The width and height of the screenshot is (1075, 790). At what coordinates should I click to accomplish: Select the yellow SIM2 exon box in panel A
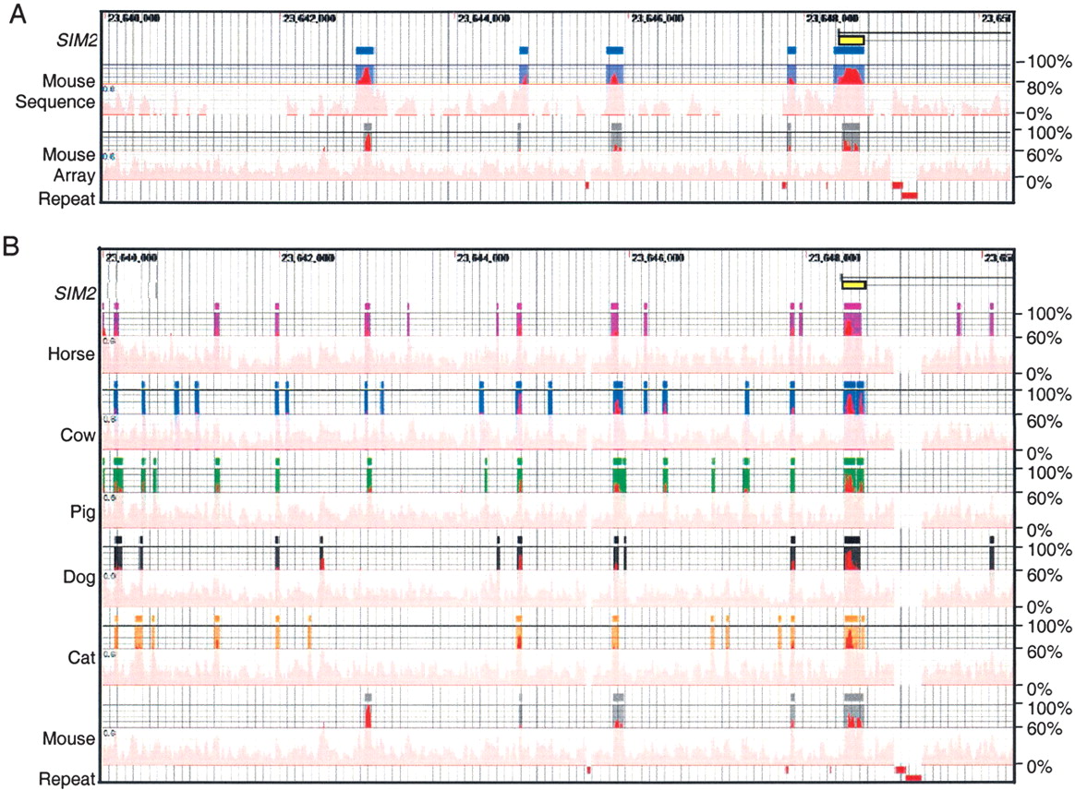point(852,40)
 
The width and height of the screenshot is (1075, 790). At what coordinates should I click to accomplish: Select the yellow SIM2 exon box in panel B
point(853,284)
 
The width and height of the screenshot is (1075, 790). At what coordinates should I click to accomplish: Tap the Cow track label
point(79,435)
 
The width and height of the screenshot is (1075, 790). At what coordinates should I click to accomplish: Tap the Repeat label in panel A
point(67,197)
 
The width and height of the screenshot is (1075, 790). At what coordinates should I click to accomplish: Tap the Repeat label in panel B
point(67,779)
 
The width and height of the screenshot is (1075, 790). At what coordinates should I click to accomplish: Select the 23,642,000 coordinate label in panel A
point(307,18)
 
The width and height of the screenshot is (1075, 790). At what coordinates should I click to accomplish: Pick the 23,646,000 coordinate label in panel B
point(658,257)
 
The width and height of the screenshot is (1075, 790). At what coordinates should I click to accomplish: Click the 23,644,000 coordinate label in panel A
point(484,18)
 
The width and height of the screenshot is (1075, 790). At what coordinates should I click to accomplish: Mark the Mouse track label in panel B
point(75,738)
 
